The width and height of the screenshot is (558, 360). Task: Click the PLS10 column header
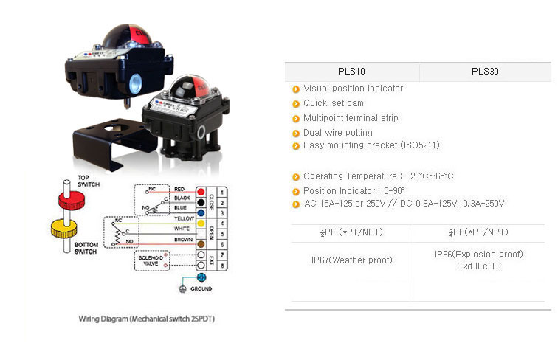[351, 72]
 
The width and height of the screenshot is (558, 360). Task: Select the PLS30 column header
[485, 72]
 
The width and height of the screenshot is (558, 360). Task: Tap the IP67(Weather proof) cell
[351, 260]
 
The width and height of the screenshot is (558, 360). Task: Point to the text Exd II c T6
[478, 266]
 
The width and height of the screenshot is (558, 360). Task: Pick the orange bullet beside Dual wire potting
[296, 134]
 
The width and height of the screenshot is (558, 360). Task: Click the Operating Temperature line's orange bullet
[296, 177]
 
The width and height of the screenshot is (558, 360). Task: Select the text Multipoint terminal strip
[351, 118]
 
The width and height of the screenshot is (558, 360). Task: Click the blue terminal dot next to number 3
[201, 210]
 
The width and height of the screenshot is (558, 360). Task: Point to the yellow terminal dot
[201, 220]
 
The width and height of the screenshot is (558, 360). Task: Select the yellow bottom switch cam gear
[66, 229]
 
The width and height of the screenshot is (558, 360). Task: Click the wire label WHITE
[182, 229]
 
